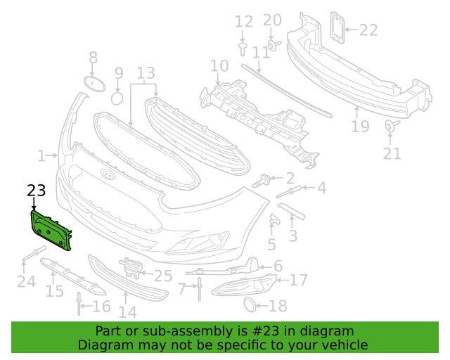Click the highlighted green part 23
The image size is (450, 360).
coord(51,231)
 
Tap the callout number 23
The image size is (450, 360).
coord(37,191)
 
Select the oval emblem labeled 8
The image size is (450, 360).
coord(94,84)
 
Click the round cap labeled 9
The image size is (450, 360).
coord(117,98)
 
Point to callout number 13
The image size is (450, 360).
coord(146,73)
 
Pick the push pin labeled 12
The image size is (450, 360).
coord(243,49)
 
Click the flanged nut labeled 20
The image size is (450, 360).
coord(274,46)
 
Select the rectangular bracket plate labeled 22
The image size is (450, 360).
coord(337,27)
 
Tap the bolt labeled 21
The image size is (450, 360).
coord(392,126)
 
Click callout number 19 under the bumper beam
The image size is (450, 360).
coord(360,126)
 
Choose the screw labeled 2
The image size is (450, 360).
coord(262,181)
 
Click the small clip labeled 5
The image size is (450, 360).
coord(274,219)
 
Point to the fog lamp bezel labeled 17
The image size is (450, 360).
coord(245,285)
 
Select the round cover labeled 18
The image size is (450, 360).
coord(250,305)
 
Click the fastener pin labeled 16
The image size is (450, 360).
coord(79,304)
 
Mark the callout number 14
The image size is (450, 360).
coord(128,312)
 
